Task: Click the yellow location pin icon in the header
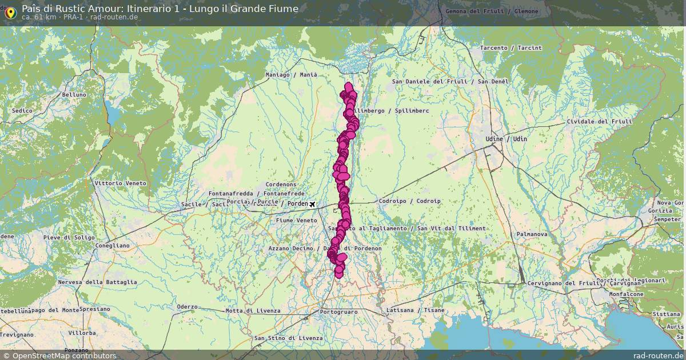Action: tap(10, 12)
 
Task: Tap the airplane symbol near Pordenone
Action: tap(312, 204)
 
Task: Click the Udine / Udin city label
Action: tap(497, 139)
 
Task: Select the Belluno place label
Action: tap(74, 95)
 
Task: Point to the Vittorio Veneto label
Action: tap(120, 183)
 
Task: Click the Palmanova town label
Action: tap(532, 234)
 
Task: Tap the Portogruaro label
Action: tap(339, 312)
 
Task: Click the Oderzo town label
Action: tap(186, 307)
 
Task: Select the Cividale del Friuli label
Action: tap(599, 122)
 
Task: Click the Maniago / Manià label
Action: tap(291, 75)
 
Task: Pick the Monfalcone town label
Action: tap(627, 294)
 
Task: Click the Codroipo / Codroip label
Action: tap(409, 201)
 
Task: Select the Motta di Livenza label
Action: tap(253, 311)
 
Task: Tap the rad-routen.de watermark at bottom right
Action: tap(658, 355)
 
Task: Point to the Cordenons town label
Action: tap(281, 185)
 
